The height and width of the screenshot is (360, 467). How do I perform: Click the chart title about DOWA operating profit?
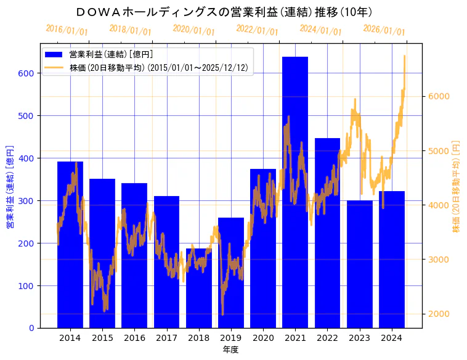pyautogui.click(x=224, y=12)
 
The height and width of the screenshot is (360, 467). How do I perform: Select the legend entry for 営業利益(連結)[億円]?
pyautogui.click(x=111, y=55)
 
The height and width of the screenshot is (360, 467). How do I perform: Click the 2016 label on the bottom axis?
pyautogui.click(x=134, y=338)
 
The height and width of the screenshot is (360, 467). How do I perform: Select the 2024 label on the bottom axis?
pyautogui.click(x=392, y=338)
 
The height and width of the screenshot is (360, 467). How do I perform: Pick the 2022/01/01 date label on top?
pyautogui.click(x=257, y=30)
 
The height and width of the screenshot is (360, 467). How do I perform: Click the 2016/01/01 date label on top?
pyautogui.click(x=67, y=30)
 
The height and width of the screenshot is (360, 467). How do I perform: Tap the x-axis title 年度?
pyautogui.click(x=230, y=350)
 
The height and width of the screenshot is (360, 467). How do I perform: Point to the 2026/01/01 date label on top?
pyautogui.click(x=384, y=30)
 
